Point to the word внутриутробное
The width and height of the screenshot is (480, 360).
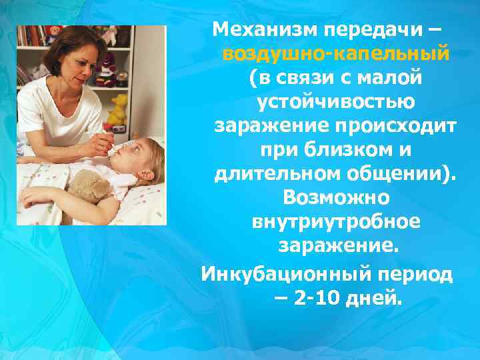pos(336,223)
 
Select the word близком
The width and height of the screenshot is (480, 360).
pos(345,151)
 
